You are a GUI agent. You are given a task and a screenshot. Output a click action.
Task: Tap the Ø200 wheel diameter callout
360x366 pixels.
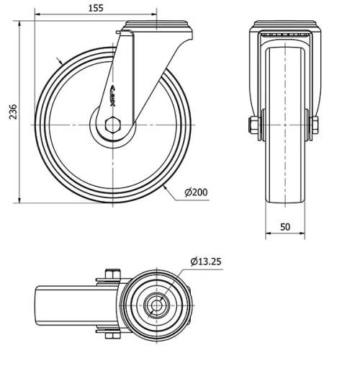point(197,192)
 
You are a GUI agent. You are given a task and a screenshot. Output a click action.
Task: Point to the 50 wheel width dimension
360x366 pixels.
point(285,227)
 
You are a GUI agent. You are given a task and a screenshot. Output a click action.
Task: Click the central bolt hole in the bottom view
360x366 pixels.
point(156,305)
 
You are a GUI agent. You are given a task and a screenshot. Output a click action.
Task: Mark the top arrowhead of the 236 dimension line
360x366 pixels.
point(19,24)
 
